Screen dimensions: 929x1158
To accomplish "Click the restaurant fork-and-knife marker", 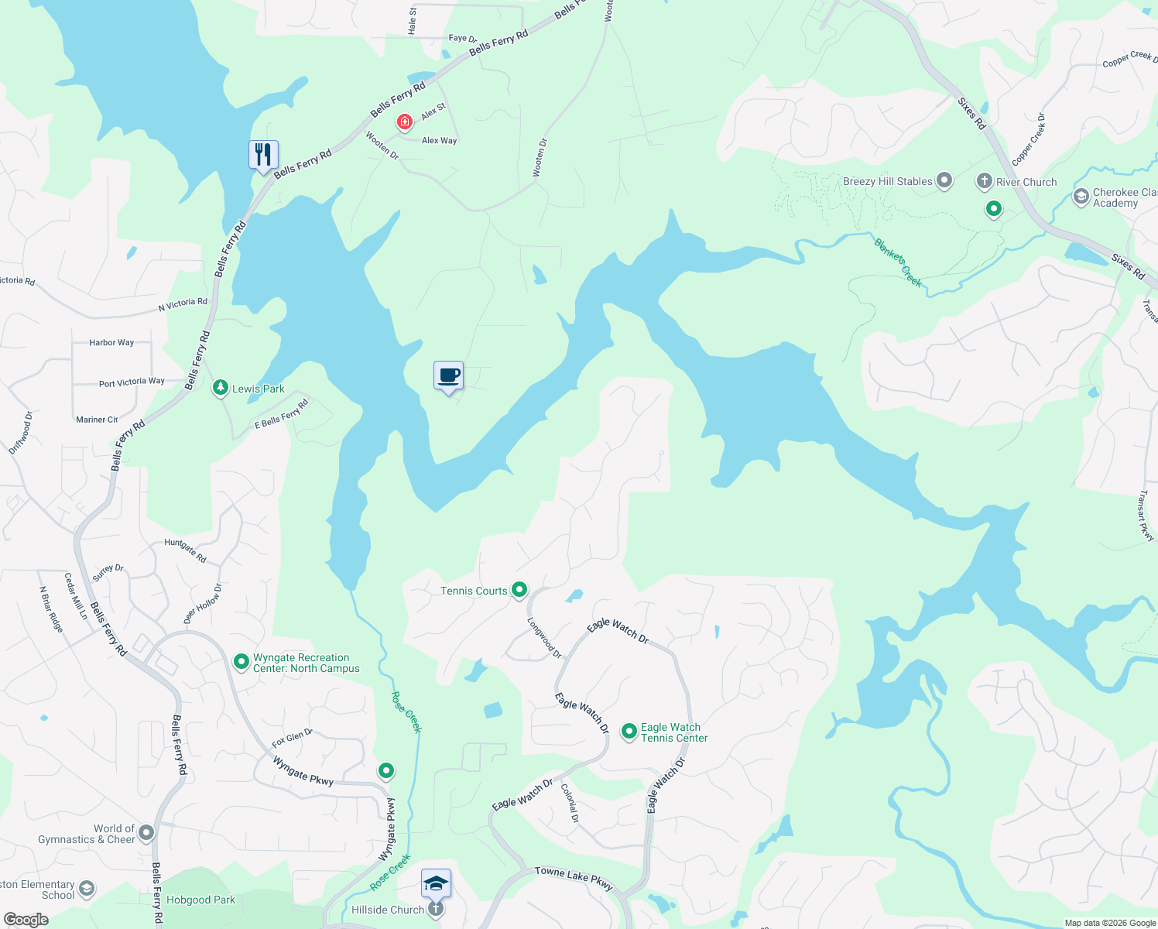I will point(263,155).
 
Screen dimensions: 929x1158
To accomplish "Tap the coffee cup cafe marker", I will point(448,376).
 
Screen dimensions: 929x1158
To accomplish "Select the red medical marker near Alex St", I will point(404,122).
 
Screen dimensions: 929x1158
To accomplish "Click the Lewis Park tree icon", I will point(221,388).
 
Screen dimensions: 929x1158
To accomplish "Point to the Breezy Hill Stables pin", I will point(944,181).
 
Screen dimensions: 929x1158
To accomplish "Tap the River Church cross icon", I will point(984,181).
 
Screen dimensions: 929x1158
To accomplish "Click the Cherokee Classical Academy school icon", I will point(1081,197).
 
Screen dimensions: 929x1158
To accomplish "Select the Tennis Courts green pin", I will point(519,591).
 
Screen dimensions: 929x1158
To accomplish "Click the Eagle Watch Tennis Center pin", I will point(629,731).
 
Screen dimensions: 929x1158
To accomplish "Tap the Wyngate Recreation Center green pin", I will point(242,662).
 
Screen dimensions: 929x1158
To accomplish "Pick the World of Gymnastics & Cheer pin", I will point(146,833).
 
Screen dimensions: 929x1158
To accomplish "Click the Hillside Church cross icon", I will point(436,909).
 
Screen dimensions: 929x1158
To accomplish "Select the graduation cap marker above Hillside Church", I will point(436,883).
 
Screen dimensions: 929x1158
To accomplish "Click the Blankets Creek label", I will point(898,262).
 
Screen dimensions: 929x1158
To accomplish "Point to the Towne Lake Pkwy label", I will point(574,878).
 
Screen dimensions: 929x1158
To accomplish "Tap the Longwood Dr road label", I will point(544,637).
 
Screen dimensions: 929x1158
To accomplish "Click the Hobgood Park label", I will point(200,900).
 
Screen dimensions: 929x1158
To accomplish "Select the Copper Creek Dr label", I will point(1029,139).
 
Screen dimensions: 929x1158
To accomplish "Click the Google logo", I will point(26,919).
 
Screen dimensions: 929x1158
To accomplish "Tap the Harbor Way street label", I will point(111,342).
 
